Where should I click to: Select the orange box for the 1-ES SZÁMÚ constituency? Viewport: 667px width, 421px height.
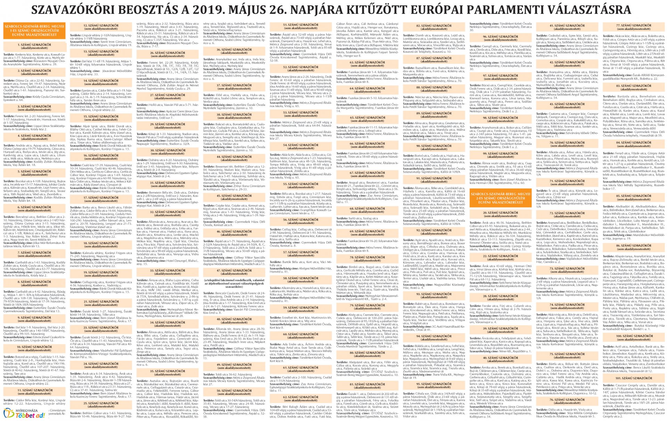(x=34, y=33)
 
